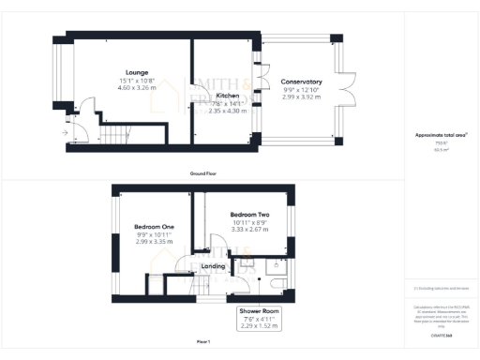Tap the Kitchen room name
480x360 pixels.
click(226, 96)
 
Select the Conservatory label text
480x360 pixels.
click(301, 82)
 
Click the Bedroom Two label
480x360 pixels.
click(249, 214)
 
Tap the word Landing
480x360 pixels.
click(214, 266)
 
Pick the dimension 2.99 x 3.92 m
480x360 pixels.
click(301, 96)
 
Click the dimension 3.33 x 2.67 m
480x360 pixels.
click(249, 229)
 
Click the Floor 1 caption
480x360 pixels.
click(202, 340)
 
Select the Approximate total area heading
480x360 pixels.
click(441, 135)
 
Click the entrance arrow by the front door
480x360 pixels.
click(65, 133)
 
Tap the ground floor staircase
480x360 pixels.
click(116, 137)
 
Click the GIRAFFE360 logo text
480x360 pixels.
click(442, 334)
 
